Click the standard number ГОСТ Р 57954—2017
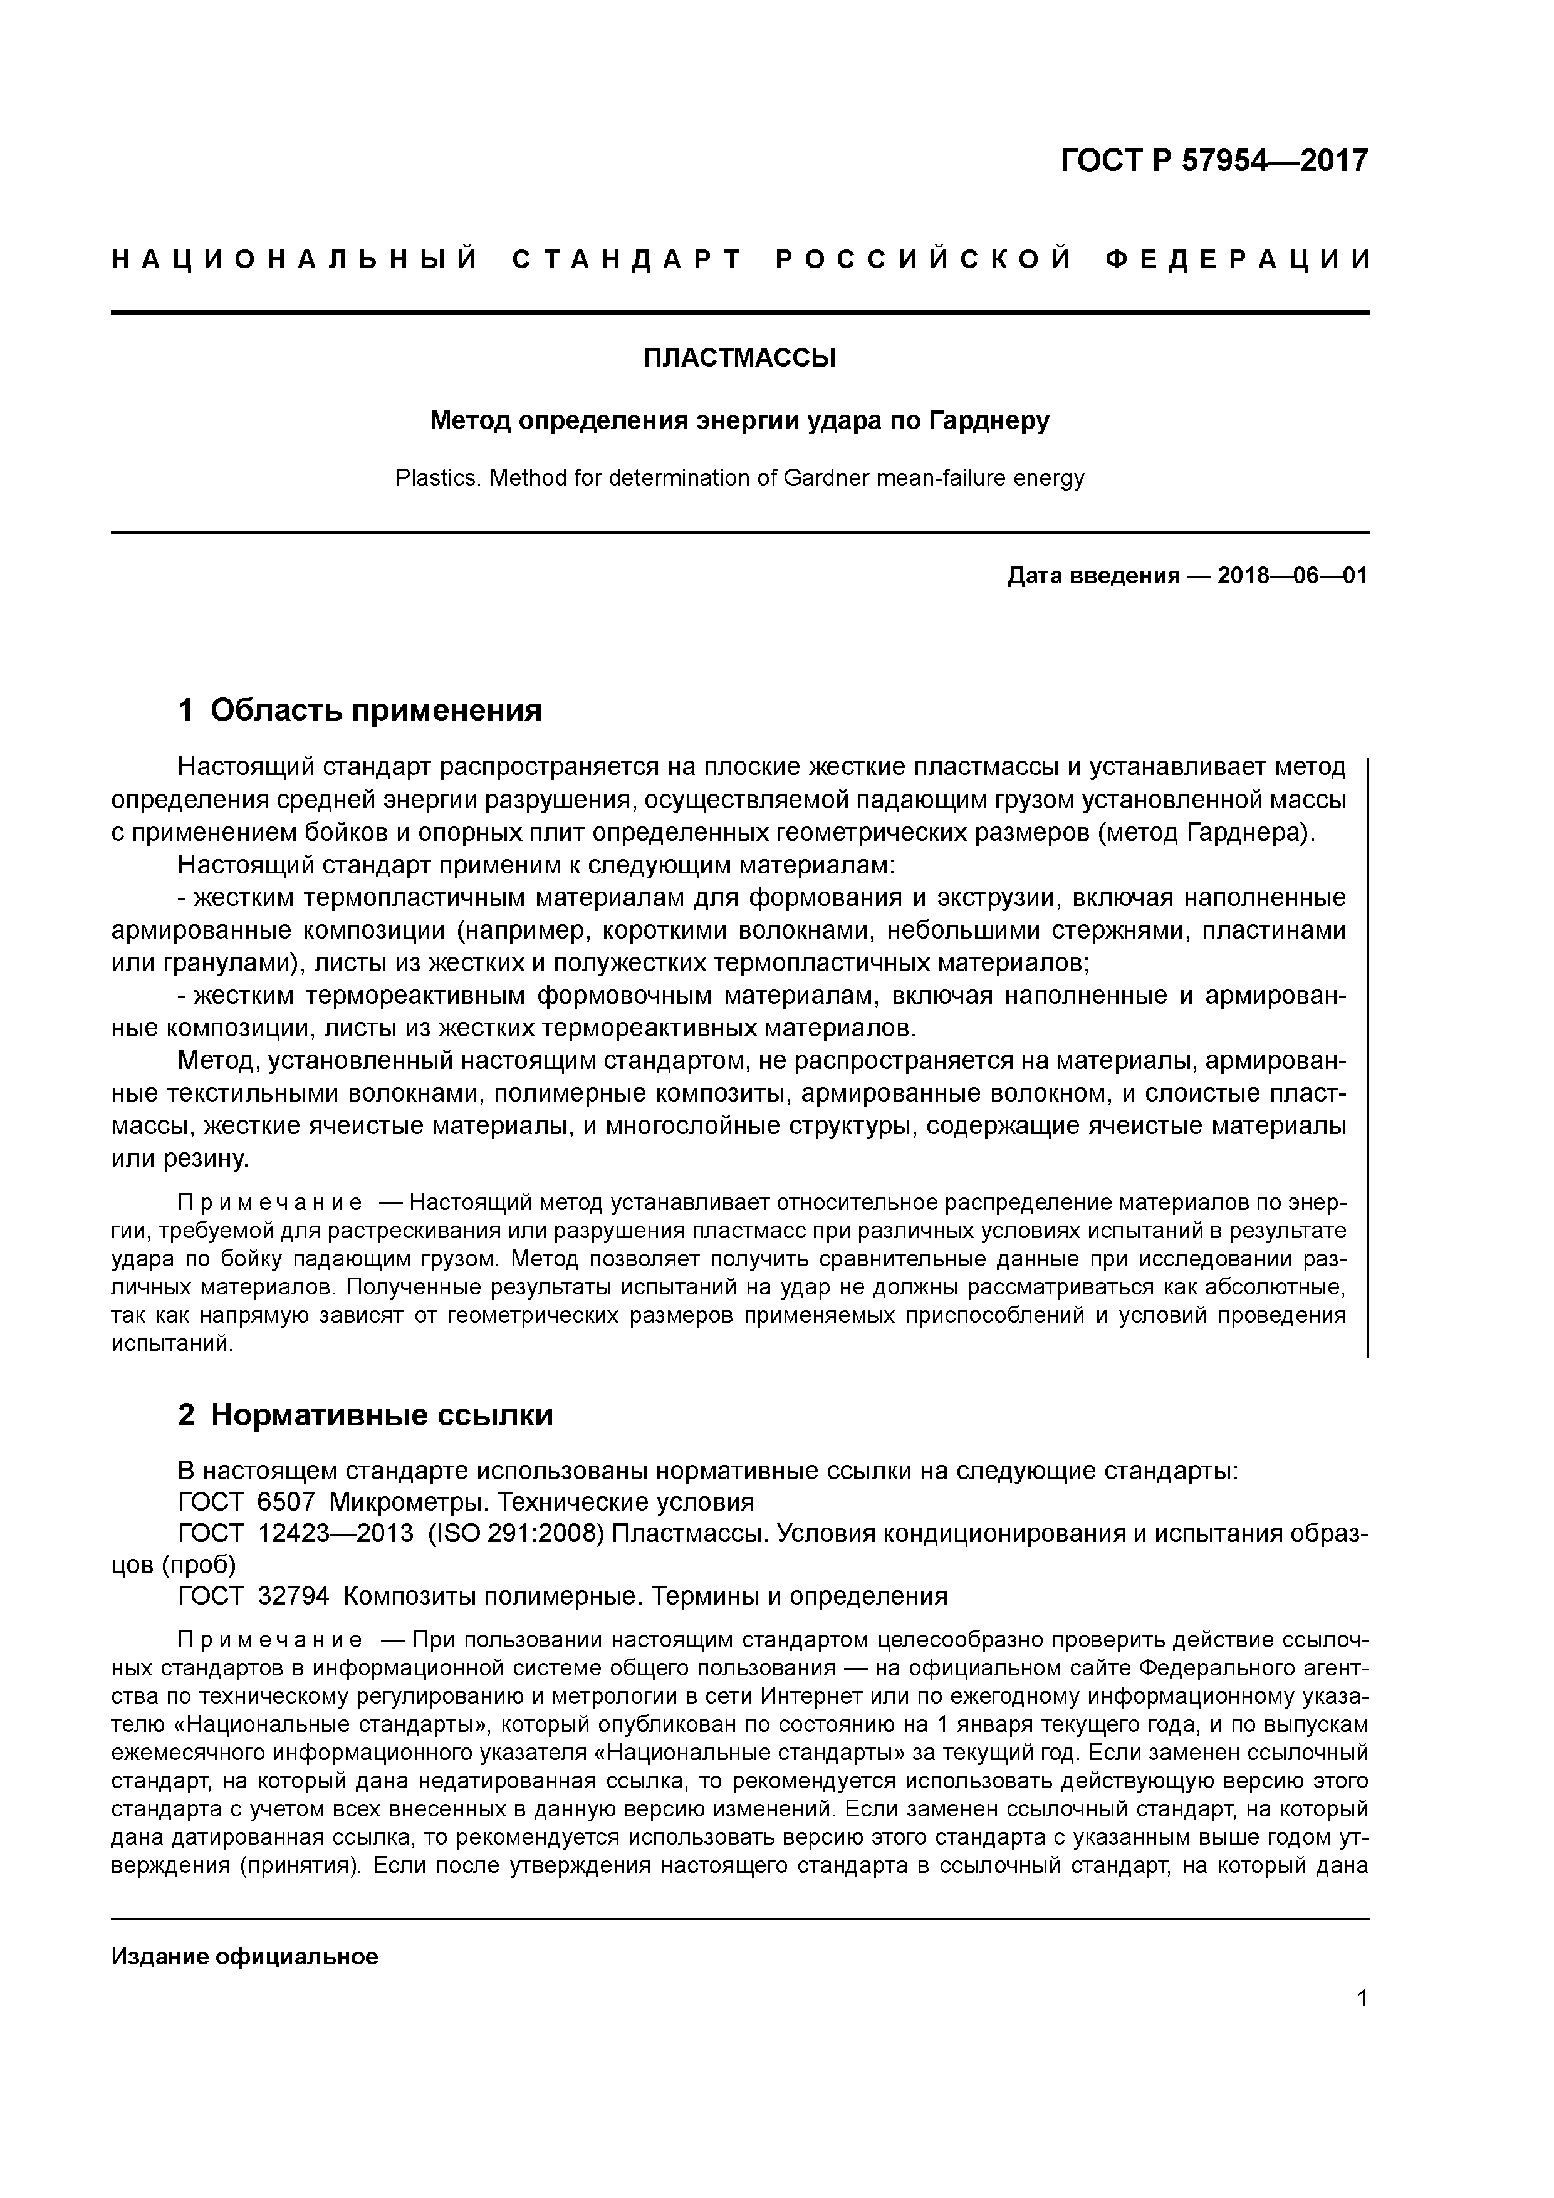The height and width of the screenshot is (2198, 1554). (1214, 161)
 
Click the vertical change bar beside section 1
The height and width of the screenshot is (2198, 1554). (1367, 1053)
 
